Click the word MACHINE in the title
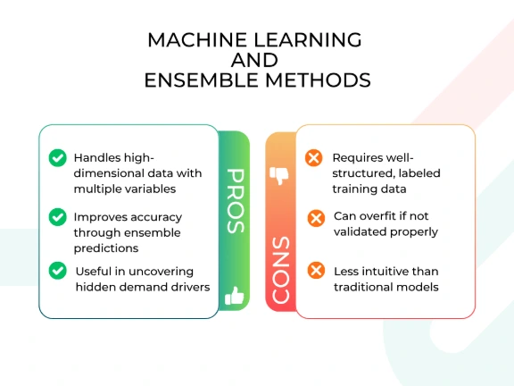[x=197, y=40]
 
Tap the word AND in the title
[x=254, y=60]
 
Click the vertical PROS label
[x=236, y=201]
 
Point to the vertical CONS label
[x=281, y=270]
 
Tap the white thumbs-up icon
[x=235, y=296]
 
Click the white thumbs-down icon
[x=279, y=176]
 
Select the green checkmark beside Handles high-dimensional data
[x=58, y=158]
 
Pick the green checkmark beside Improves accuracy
[x=58, y=217]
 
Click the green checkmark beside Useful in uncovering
[x=58, y=271]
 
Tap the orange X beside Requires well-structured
[x=314, y=158]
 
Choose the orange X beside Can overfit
[x=316, y=218]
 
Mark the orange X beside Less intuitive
[x=316, y=271]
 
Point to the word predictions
[x=106, y=248]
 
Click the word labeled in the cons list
[x=419, y=173]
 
